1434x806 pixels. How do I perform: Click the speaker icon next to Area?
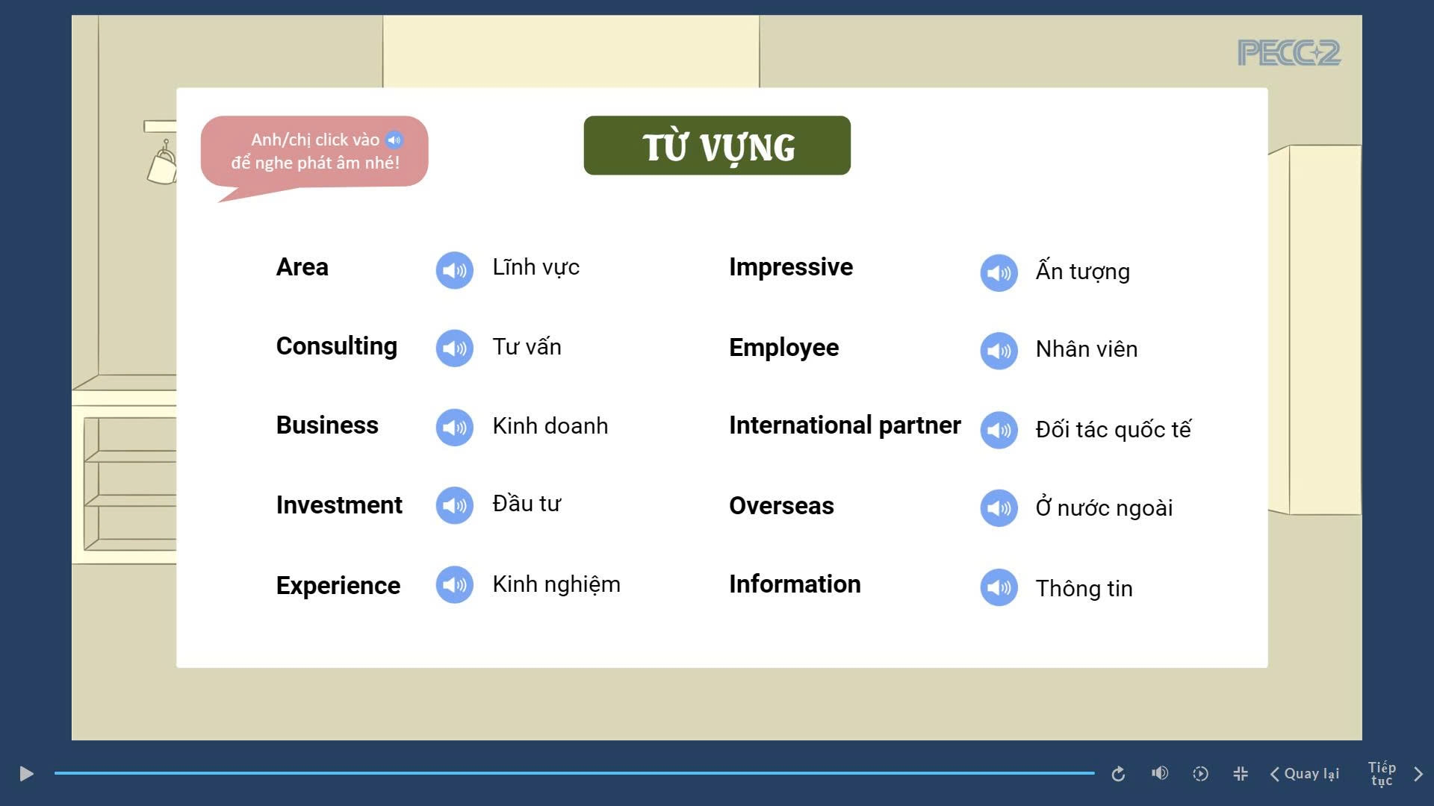[x=454, y=270]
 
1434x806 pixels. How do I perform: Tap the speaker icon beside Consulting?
[x=454, y=349]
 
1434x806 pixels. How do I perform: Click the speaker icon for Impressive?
[x=999, y=273]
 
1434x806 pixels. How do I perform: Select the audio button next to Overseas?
[x=999, y=508]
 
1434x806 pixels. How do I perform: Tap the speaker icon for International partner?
[x=999, y=431]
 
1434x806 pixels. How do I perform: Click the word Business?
[x=327, y=425]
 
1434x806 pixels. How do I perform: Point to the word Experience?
[x=338, y=586]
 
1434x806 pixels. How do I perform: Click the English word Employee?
[x=783, y=349]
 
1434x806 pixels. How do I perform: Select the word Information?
[x=795, y=584]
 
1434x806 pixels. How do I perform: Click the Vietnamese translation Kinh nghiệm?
[x=556, y=584]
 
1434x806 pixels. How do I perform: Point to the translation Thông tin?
[x=1084, y=589]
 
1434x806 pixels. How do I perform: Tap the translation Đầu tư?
[x=527, y=503]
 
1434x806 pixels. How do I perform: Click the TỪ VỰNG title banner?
[x=717, y=146]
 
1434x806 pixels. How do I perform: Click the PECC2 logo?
[x=1289, y=53]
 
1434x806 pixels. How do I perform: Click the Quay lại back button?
[x=1305, y=774]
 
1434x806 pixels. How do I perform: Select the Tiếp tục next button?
[x=1394, y=774]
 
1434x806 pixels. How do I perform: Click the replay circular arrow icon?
[x=1118, y=774]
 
